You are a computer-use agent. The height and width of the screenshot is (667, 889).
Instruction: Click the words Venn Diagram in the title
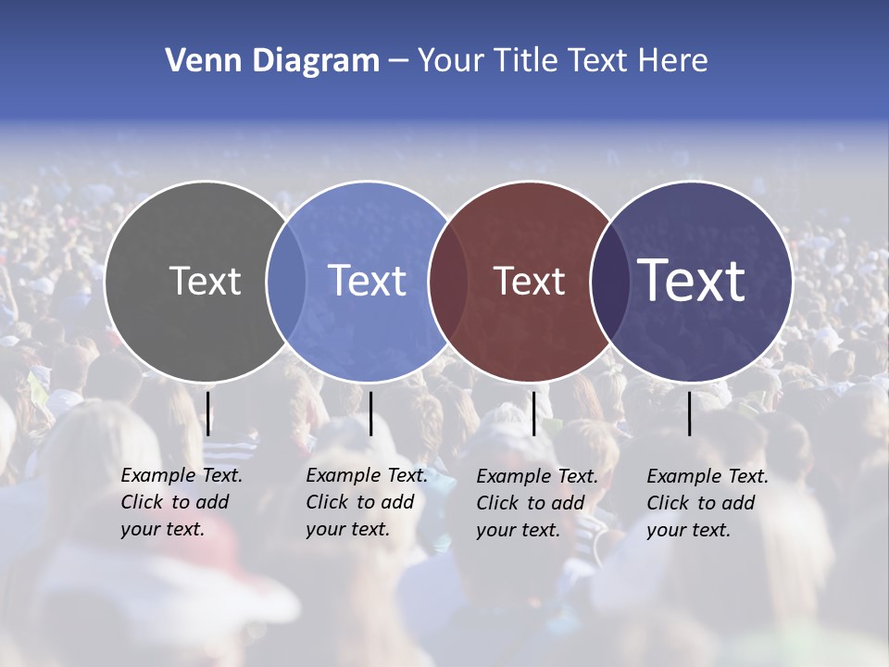[272, 61]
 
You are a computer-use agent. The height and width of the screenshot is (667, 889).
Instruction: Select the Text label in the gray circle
[205, 281]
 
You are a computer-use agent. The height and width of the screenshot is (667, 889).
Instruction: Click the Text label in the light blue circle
[368, 281]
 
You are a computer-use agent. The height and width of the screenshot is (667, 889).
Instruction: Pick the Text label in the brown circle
[529, 281]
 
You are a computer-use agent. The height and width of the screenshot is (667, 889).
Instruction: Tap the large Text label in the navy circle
[692, 281]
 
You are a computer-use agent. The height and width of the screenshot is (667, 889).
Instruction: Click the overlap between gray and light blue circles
[286, 281]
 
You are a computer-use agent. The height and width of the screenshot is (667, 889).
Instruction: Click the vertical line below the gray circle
[208, 413]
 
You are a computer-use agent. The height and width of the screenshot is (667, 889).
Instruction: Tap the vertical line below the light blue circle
[370, 413]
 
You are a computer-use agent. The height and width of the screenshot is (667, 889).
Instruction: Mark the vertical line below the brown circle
[533, 413]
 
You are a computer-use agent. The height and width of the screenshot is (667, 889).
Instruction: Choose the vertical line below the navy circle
[690, 413]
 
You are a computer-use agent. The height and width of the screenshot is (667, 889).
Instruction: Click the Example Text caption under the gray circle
[181, 502]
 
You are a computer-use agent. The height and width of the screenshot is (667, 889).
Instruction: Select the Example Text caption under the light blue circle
[366, 502]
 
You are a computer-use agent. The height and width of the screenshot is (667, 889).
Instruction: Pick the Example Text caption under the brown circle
[536, 503]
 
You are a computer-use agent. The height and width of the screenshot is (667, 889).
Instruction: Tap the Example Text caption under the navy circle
[707, 503]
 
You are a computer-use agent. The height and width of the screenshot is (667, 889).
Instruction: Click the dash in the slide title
[398, 61]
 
